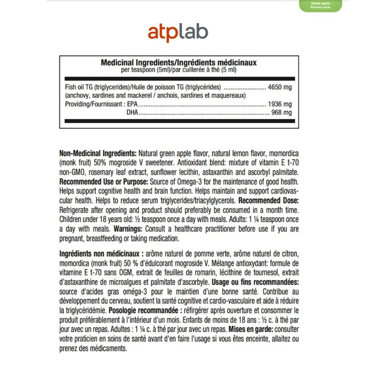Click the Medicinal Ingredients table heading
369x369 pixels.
point(179,62)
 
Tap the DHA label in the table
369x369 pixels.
point(132,113)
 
